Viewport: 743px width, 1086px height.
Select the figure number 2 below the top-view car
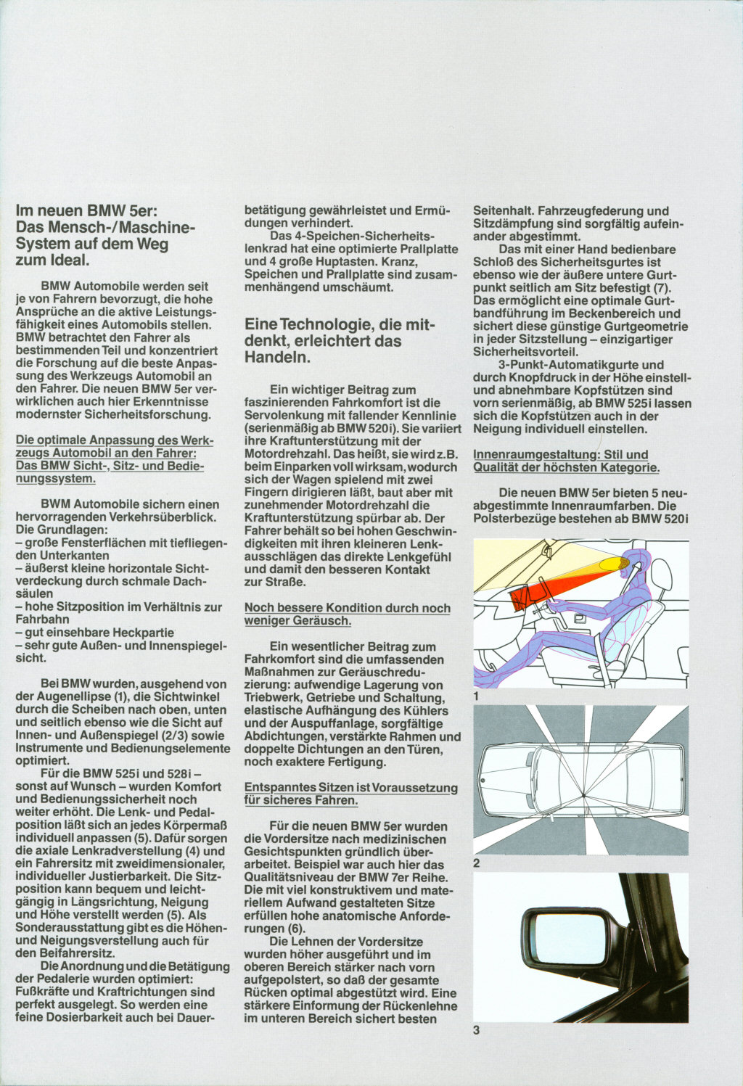tap(477, 863)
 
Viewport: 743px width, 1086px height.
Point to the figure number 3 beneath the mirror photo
tap(477, 1029)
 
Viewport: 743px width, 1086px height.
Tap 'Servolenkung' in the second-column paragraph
tap(281, 416)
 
